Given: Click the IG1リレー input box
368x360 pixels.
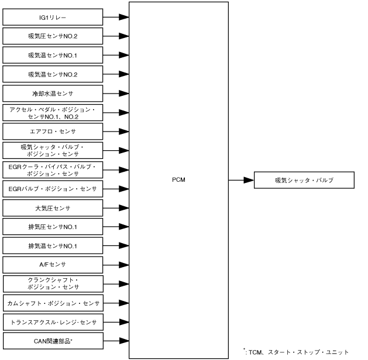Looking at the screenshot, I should [x=53, y=17].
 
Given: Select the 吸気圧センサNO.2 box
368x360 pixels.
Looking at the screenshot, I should [x=53, y=36].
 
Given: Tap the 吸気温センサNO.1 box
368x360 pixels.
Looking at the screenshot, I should [x=53, y=55].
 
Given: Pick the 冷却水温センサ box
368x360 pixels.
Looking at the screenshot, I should [x=53, y=93].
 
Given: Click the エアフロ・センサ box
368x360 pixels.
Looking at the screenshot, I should [x=53, y=131].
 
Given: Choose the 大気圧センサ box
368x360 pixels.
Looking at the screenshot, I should [x=53, y=207].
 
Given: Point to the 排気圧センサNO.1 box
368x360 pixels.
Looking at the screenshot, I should [x=53, y=226].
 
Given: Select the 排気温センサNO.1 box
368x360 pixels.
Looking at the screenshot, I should [x=53, y=245].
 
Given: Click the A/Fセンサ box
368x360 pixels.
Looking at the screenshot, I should [x=53, y=264].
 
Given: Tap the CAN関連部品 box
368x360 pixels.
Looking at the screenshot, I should [x=53, y=340].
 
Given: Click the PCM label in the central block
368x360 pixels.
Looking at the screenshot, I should [x=178, y=180].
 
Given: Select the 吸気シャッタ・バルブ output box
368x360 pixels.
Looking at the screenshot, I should [x=304, y=180].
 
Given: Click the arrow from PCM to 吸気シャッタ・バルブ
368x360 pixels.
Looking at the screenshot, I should [x=240, y=180].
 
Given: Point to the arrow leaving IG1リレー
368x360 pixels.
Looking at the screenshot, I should [x=116, y=17].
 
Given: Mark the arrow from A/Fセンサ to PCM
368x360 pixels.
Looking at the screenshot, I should [x=116, y=264].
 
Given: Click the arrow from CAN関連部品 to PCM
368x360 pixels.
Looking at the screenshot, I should [x=116, y=340].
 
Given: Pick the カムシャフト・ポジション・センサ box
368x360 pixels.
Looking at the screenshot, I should [x=53, y=302].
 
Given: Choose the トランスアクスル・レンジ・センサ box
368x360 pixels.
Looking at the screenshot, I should [x=53, y=321].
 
